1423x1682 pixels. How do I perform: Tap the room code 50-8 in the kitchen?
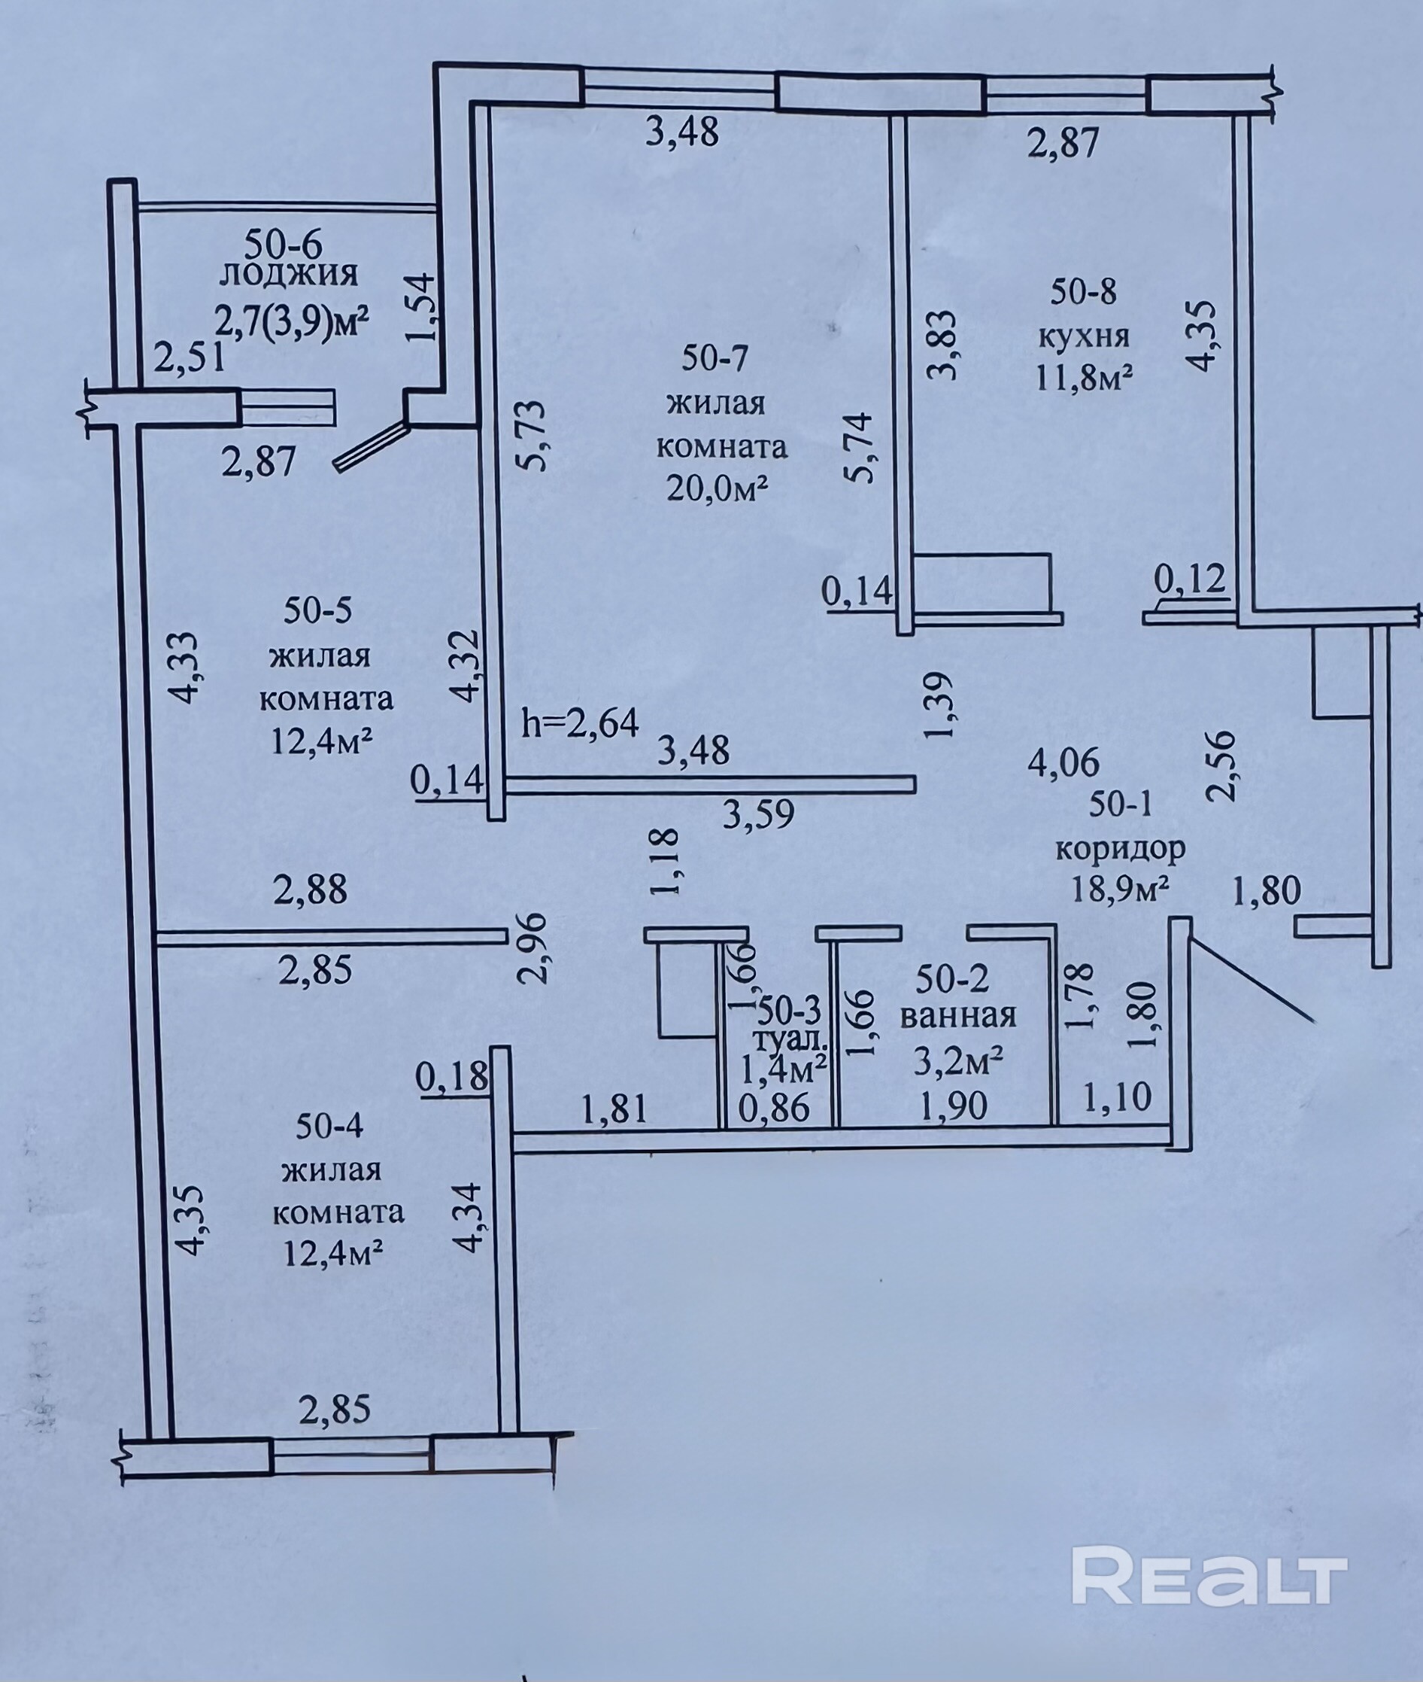(x=1083, y=291)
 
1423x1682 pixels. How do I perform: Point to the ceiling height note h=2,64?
(x=581, y=722)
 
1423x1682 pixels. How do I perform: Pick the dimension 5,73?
(x=533, y=436)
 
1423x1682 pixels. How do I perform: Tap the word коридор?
(x=1121, y=849)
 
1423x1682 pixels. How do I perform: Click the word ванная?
(x=958, y=1016)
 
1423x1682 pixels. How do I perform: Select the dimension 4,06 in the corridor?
(x=1063, y=761)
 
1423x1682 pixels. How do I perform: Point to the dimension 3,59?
(x=758, y=814)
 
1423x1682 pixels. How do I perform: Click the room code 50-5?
(x=317, y=611)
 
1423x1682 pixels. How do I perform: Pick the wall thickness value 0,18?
(x=452, y=1076)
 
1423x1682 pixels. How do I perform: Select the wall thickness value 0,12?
(x=1190, y=579)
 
